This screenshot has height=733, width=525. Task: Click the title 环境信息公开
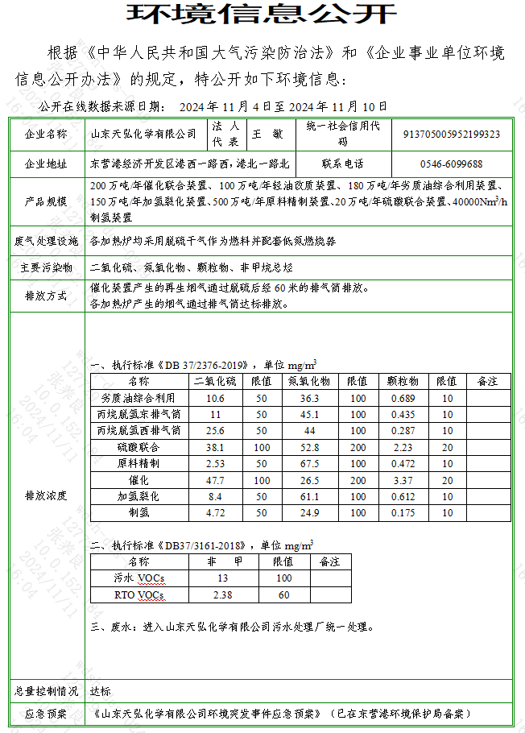coord(262,14)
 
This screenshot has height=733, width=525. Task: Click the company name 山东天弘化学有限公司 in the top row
coord(143,134)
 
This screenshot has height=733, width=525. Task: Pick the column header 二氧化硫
coord(215,381)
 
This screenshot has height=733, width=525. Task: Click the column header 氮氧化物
coord(309,381)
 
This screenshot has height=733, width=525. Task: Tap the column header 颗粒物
coord(402,381)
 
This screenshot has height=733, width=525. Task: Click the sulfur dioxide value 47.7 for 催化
coord(215,480)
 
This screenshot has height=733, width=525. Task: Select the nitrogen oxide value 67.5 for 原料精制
coord(309,463)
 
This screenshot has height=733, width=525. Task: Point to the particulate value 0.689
coord(402,398)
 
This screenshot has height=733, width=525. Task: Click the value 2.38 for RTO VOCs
coord(222,595)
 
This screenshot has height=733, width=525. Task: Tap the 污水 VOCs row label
coord(138,578)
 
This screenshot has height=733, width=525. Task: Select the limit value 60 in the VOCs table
coord(283,595)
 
